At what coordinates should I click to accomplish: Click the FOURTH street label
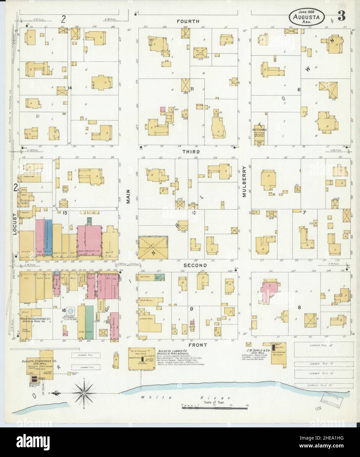tap(188, 21)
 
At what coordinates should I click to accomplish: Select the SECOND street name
tap(195, 265)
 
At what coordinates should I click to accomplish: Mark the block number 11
tap(192, 89)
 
